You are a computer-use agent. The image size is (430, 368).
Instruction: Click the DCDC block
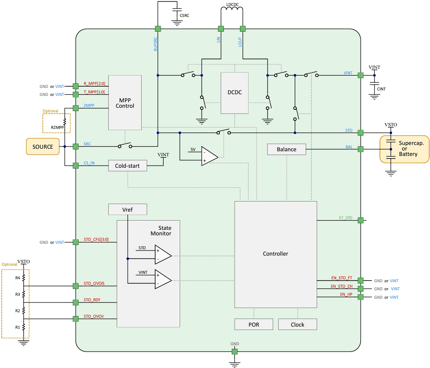point(235,93)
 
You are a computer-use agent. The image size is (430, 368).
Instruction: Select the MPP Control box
point(125,103)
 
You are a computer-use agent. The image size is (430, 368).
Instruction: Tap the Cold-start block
point(127,166)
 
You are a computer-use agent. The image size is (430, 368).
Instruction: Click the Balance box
point(286,149)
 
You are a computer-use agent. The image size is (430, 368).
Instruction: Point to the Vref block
point(127,209)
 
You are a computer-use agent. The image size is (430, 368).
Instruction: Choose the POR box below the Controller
point(254,324)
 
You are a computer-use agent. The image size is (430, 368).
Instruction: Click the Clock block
point(297,324)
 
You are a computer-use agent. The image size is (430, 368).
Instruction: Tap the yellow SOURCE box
point(43,147)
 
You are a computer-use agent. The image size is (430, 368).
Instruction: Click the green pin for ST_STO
point(360,220)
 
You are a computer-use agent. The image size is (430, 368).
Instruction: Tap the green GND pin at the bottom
point(235,352)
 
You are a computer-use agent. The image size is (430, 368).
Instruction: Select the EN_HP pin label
point(346,294)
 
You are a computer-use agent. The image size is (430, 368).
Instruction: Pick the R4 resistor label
point(17,278)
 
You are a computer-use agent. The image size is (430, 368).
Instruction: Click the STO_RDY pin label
point(92,300)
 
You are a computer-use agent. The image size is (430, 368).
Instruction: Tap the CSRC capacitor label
point(184,16)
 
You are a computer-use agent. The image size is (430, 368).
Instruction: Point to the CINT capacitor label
point(381,89)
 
